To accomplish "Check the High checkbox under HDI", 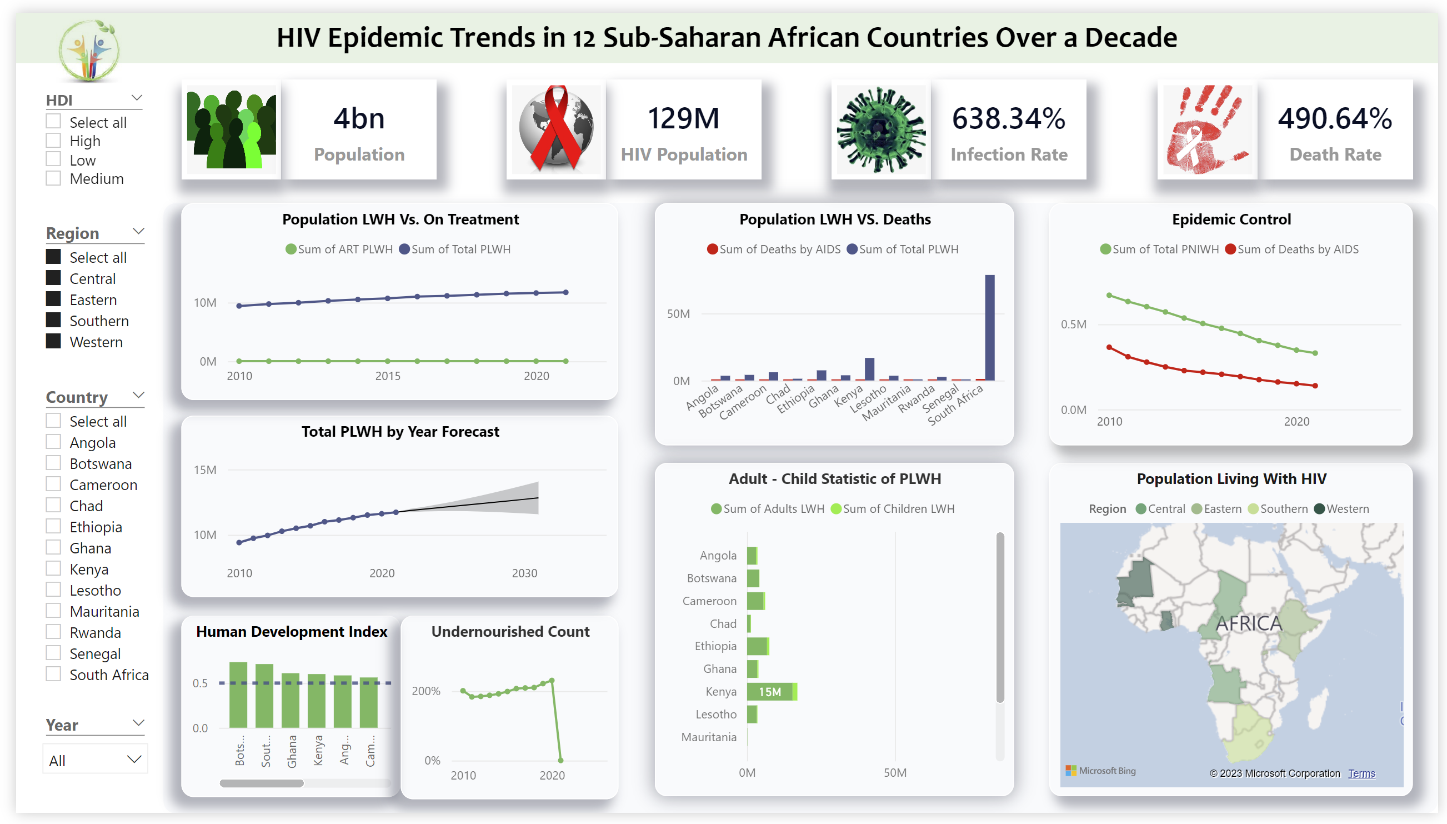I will click(x=53, y=141).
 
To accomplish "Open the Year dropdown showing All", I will click(x=95, y=760).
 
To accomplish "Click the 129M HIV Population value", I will click(x=683, y=119).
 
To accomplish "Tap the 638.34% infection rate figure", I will click(x=1008, y=119).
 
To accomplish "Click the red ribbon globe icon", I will click(x=556, y=129).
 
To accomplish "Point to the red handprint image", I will click(x=1206, y=129).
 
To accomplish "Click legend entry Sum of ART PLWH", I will click(x=339, y=249).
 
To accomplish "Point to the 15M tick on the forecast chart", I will click(x=205, y=470).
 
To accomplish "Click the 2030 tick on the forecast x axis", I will click(x=524, y=573).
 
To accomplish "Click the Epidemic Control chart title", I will click(x=1231, y=219).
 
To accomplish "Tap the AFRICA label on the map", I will click(x=1249, y=623).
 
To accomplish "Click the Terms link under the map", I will click(x=1361, y=773).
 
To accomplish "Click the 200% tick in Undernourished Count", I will click(x=425, y=691).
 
